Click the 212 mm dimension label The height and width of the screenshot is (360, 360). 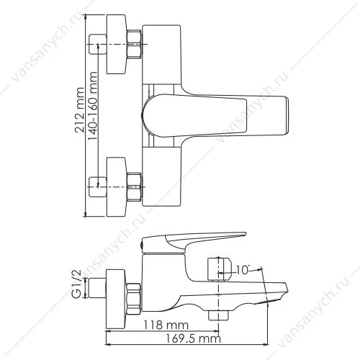(80, 109)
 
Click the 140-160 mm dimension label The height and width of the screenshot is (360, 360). (92, 106)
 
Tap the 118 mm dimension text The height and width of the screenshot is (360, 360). (166, 325)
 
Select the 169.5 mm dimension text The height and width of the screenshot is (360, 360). (193, 339)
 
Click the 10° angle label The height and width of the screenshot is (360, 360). (243, 270)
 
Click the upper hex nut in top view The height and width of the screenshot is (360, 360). (134, 44)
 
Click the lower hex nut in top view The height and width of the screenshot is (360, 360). (134, 186)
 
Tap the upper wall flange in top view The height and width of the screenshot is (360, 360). (116, 44)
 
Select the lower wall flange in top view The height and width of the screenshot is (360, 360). (116, 187)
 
